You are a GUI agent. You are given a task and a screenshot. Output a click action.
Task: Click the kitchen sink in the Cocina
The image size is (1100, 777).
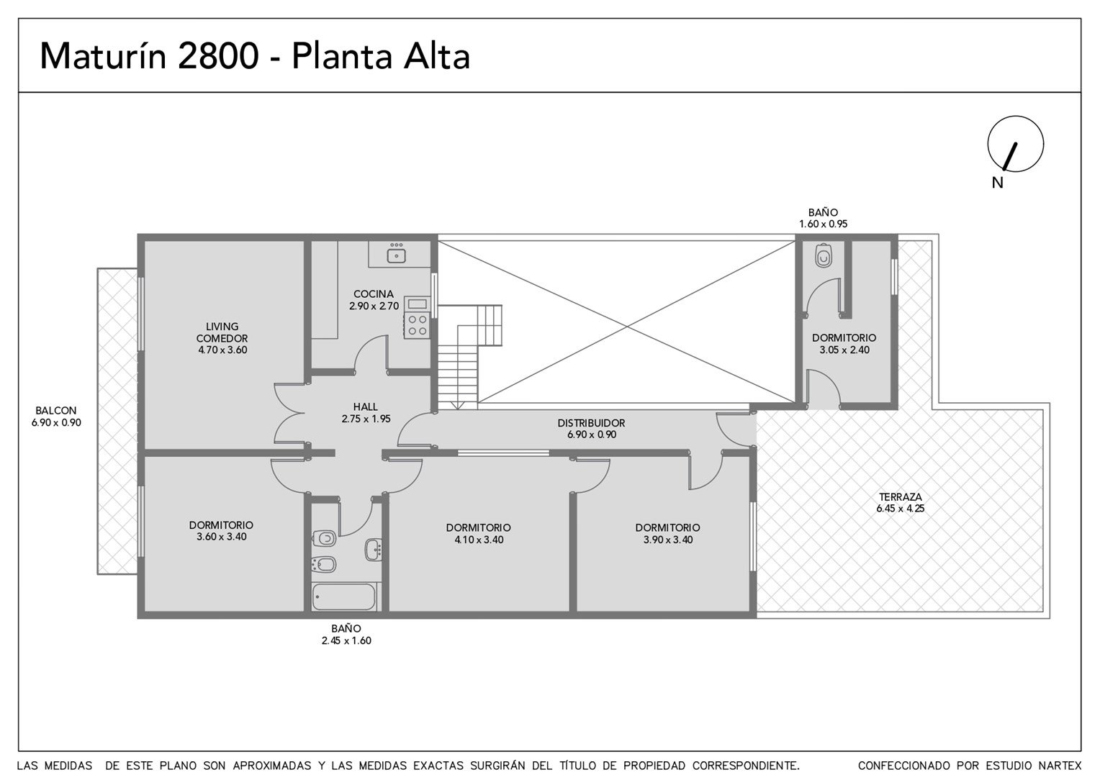click(x=396, y=255)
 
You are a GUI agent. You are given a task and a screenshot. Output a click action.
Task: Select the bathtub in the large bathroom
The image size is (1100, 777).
click(x=344, y=596)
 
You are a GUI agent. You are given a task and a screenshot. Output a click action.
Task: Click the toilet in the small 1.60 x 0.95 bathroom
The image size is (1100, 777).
click(x=824, y=255)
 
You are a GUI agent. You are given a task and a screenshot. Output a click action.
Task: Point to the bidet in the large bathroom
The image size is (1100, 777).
click(x=324, y=565)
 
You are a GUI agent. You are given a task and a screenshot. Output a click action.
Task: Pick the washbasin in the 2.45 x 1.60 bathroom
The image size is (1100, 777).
click(x=373, y=549)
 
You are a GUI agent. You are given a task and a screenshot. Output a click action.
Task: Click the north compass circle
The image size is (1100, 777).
click(x=1016, y=144)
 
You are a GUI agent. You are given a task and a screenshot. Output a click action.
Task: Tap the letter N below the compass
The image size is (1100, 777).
click(x=997, y=183)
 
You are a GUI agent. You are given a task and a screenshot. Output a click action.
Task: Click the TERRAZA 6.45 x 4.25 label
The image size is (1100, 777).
click(x=900, y=503)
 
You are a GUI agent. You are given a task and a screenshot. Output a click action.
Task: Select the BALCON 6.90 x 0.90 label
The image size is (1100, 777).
click(x=56, y=417)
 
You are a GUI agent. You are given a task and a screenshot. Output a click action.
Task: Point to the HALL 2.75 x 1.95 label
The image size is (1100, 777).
click(x=366, y=413)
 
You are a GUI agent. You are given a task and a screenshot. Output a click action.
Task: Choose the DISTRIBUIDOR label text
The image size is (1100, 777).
click(x=591, y=422)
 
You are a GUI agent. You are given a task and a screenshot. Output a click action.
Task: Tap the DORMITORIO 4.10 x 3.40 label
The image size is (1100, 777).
click(x=478, y=534)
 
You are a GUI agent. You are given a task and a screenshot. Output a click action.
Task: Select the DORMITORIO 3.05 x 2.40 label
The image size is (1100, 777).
click(x=844, y=344)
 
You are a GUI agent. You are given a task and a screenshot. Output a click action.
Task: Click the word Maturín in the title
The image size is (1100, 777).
click(x=104, y=56)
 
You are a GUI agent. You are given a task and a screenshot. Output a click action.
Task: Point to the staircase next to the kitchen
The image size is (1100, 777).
click(x=469, y=357)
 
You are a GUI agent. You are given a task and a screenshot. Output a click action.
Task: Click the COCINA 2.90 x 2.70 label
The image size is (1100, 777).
click(x=374, y=300)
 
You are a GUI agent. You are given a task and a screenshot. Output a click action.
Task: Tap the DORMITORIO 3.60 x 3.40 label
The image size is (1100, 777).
click(x=222, y=531)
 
